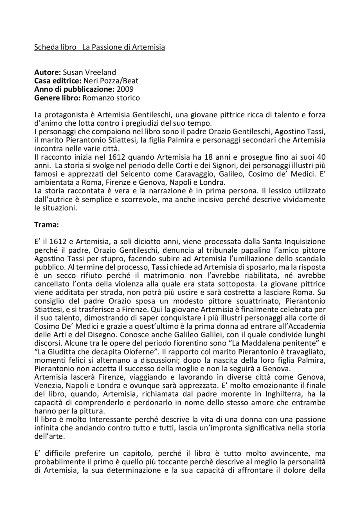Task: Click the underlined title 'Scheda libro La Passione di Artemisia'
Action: [x=100, y=47]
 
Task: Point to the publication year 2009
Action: [x=125, y=89]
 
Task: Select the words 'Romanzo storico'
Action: [x=111, y=98]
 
